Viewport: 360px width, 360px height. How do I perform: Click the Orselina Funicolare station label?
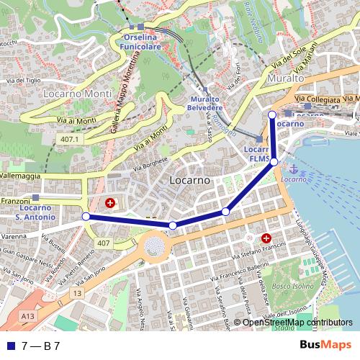click(140, 41)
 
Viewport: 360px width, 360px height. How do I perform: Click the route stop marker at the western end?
click(86, 217)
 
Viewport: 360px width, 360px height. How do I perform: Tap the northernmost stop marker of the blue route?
click(271, 115)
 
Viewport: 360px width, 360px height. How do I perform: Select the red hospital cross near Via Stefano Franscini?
click(266, 238)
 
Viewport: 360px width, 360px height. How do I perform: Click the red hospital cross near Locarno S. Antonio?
click(110, 204)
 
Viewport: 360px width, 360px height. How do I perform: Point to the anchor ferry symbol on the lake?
click(293, 168)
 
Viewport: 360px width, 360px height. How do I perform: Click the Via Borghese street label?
click(150, 164)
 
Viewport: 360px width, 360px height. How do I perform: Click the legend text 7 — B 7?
click(41, 346)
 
